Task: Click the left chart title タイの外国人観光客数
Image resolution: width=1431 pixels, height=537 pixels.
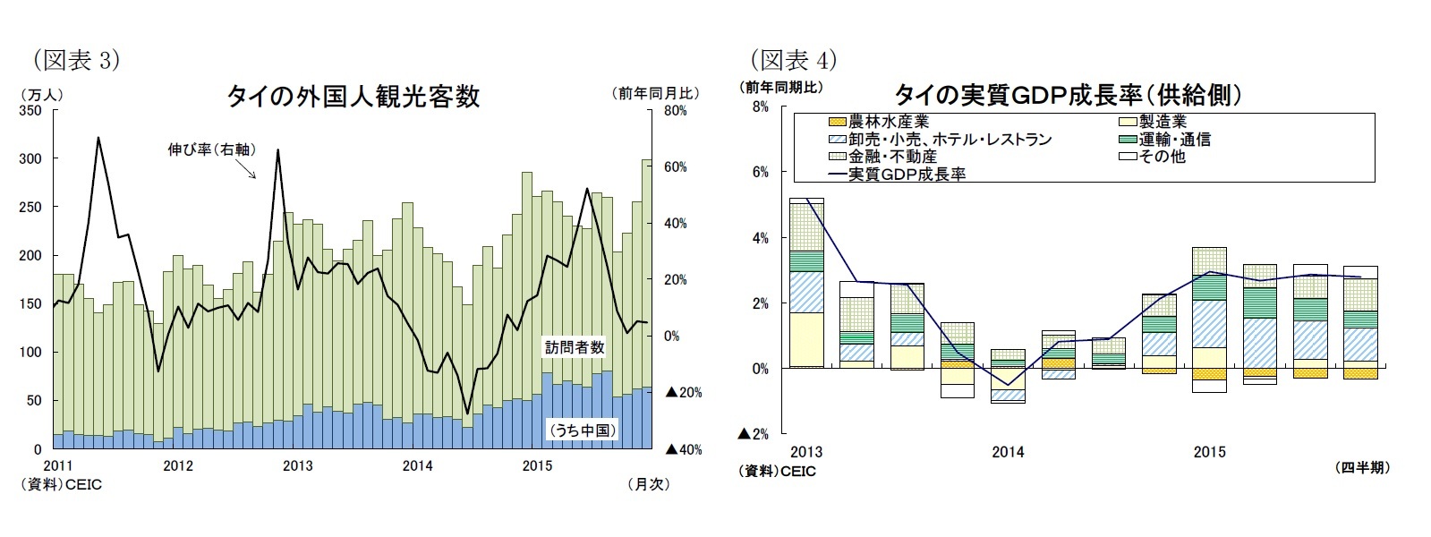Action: click(x=353, y=96)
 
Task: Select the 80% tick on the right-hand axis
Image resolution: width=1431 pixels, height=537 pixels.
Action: click(x=675, y=110)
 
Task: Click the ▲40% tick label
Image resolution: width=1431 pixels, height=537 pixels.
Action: click(x=683, y=449)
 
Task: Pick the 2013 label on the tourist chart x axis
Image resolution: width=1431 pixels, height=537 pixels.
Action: click(x=297, y=465)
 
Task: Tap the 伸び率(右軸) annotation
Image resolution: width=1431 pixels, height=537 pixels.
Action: click(x=211, y=149)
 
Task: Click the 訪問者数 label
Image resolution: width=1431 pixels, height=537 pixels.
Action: click(x=575, y=347)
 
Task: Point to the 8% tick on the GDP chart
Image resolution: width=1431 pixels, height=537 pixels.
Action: click(x=761, y=107)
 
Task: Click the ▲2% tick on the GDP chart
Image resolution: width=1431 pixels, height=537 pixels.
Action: click(x=754, y=434)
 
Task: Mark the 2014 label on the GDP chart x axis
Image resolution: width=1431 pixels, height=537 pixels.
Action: click(x=1008, y=452)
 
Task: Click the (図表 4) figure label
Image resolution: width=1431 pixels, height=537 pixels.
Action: click(x=793, y=59)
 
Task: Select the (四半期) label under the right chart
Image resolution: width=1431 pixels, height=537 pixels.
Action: click(x=1361, y=467)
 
